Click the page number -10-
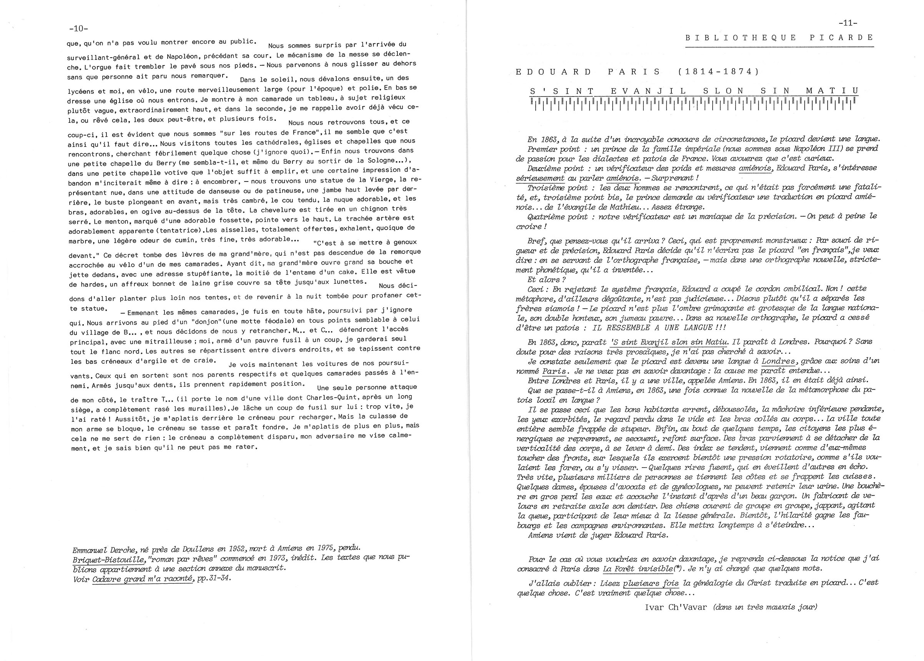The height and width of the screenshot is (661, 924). [x=79, y=28]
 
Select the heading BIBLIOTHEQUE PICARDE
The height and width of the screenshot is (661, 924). [x=779, y=38]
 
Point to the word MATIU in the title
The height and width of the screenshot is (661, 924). [x=832, y=91]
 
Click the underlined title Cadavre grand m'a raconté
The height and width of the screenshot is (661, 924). [x=142, y=579]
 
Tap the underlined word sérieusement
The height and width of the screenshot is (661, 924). [x=540, y=178]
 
